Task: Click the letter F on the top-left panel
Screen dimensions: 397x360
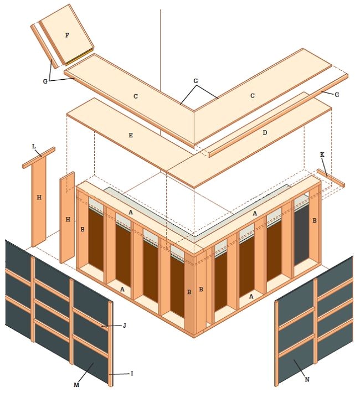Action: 67,35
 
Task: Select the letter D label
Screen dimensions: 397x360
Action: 265,132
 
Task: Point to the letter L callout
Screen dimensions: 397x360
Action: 34,146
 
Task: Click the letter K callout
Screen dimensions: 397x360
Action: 322,154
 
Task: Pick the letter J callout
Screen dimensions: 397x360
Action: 125,326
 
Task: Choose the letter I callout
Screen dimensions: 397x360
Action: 131,374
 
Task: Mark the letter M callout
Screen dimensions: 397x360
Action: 76,384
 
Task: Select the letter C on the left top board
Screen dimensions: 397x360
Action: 136,96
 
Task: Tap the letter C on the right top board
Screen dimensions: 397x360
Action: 252,96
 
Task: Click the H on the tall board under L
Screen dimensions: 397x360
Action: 39,198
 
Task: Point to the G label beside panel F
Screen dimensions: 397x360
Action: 45,81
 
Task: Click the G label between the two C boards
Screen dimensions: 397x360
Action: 196,81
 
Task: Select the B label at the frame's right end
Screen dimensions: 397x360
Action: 314,220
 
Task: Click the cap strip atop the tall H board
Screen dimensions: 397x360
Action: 39,157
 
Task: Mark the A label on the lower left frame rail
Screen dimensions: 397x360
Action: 122,289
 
